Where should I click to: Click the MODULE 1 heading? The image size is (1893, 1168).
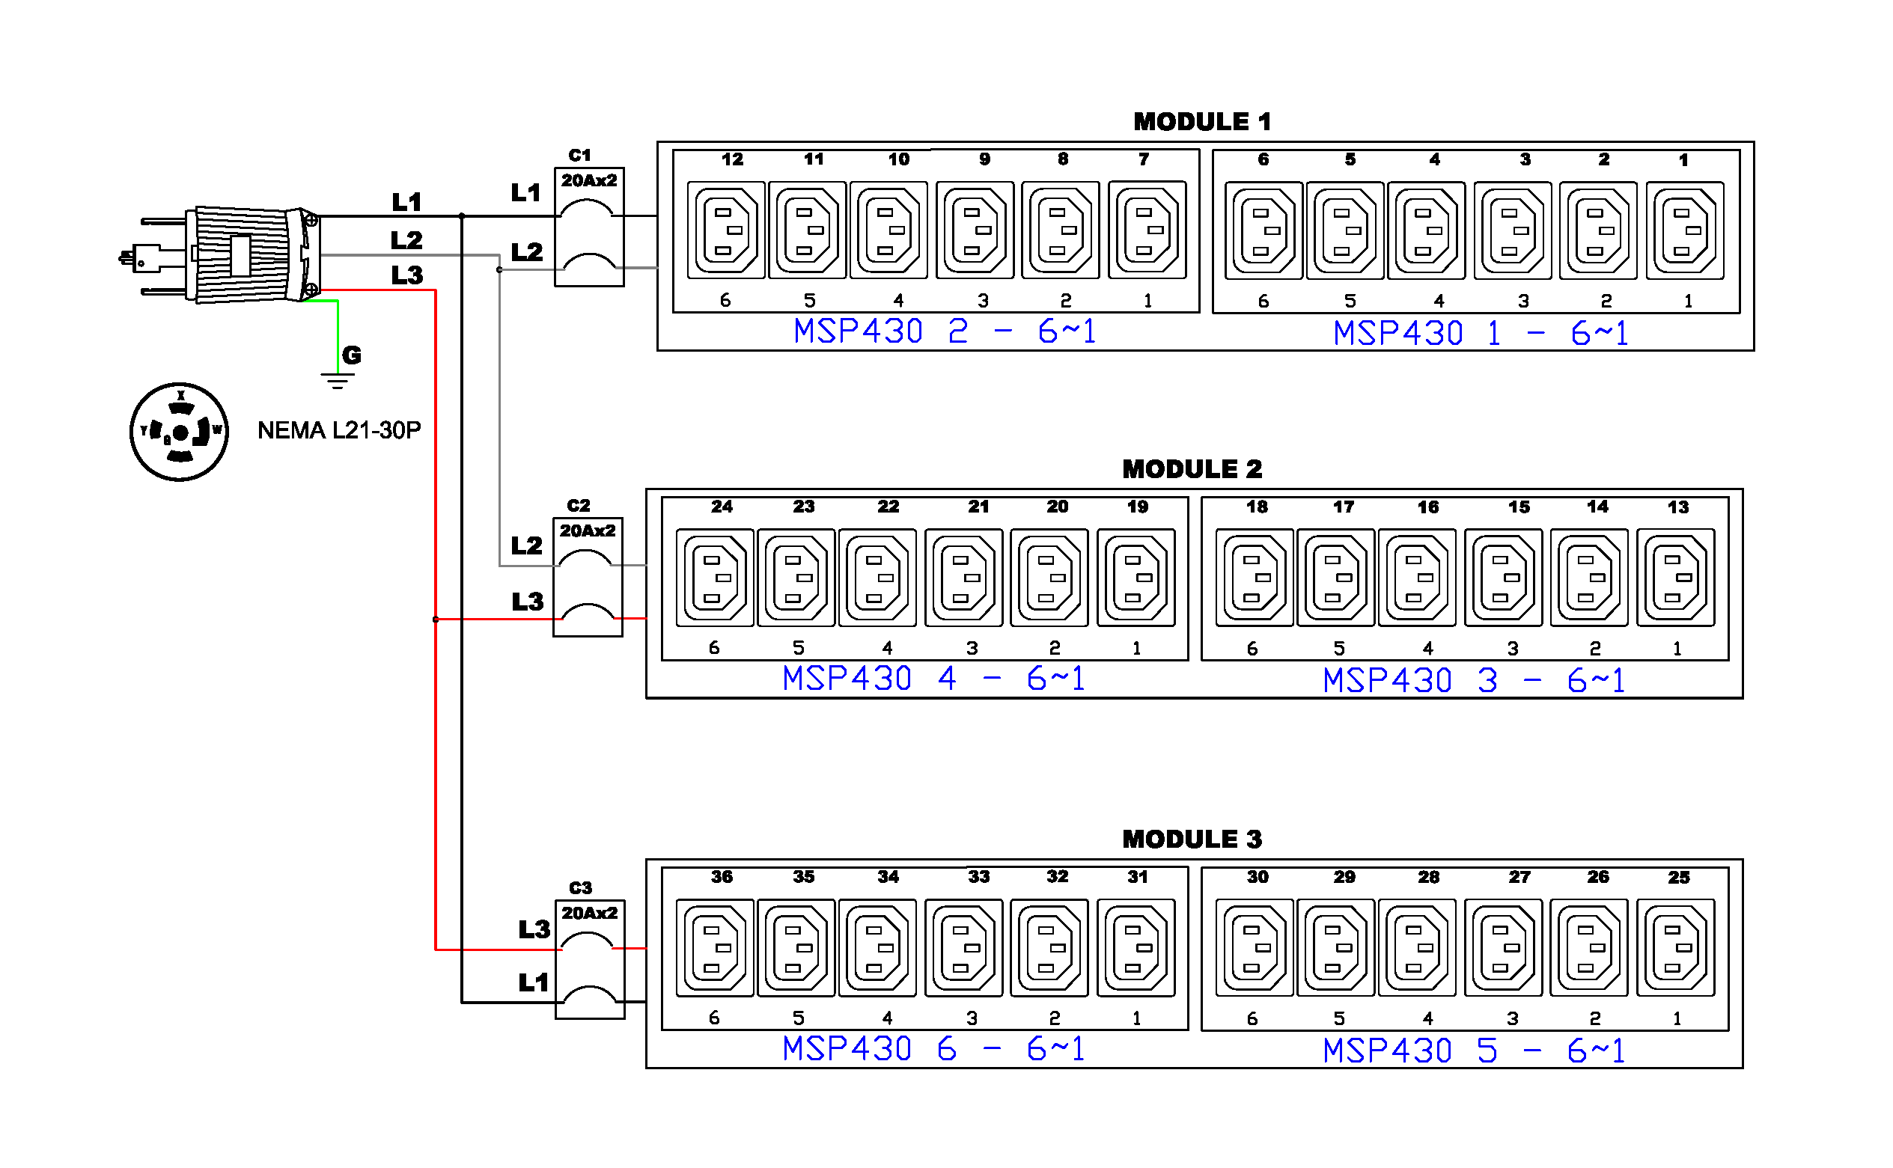(x=1201, y=121)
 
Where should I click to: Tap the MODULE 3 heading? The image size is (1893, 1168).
(x=1192, y=839)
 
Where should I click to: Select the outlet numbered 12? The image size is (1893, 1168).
(x=725, y=230)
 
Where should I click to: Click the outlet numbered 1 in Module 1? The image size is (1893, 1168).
(x=1684, y=230)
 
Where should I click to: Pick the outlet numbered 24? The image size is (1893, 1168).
(x=715, y=578)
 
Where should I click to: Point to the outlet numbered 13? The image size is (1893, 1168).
(x=1675, y=578)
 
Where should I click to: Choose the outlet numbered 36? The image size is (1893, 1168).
(x=715, y=948)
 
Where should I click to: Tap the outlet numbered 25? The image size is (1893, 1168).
(x=1675, y=948)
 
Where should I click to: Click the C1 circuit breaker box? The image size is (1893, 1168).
(x=589, y=227)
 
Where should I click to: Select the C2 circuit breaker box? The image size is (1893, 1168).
(x=588, y=577)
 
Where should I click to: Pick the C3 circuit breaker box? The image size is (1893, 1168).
(x=590, y=959)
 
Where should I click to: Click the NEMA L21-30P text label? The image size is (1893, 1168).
(x=339, y=430)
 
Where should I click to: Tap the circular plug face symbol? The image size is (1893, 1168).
(x=179, y=432)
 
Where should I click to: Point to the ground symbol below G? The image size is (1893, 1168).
(x=338, y=380)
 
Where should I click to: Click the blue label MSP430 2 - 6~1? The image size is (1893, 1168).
(x=944, y=331)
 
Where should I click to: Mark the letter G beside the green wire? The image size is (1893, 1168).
(x=352, y=355)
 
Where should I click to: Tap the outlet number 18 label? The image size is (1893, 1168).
(x=1256, y=507)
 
